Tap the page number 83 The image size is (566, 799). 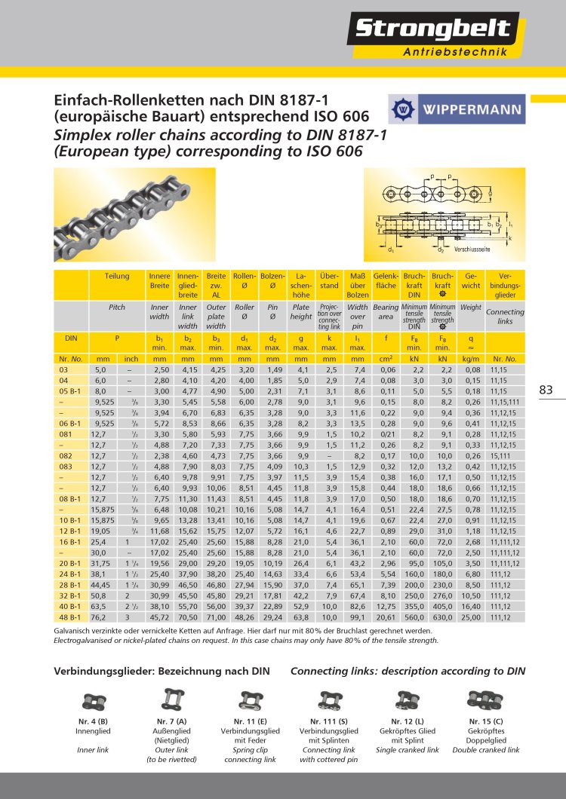546,390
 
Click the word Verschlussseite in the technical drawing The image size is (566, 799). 472,249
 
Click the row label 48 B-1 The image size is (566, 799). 69,617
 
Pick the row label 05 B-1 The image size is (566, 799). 69,392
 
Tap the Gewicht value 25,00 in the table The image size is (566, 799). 470,617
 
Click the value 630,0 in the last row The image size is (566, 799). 441,617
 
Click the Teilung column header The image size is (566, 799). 117,277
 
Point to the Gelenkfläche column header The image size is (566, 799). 386,281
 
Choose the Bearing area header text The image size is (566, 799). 386,312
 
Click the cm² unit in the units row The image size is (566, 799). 386,360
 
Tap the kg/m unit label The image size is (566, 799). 471,360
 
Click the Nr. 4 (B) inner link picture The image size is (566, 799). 93,702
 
